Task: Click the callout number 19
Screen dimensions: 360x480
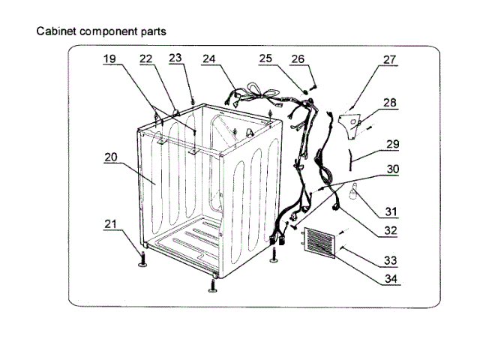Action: click(109, 58)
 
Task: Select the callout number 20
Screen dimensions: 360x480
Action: click(109, 157)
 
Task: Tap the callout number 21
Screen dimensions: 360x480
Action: click(109, 224)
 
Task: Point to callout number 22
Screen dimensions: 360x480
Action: click(145, 58)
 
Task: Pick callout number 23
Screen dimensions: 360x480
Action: click(175, 57)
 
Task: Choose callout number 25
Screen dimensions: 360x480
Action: click(266, 58)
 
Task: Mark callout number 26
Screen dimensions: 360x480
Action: click(297, 58)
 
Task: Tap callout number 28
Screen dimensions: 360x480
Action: click(390, 102)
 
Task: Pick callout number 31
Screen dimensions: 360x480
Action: click(391, 211)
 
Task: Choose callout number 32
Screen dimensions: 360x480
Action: click(389, 232)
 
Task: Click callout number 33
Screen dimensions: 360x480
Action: click(389, 261)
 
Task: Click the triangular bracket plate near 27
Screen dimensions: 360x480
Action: click(349, 120)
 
